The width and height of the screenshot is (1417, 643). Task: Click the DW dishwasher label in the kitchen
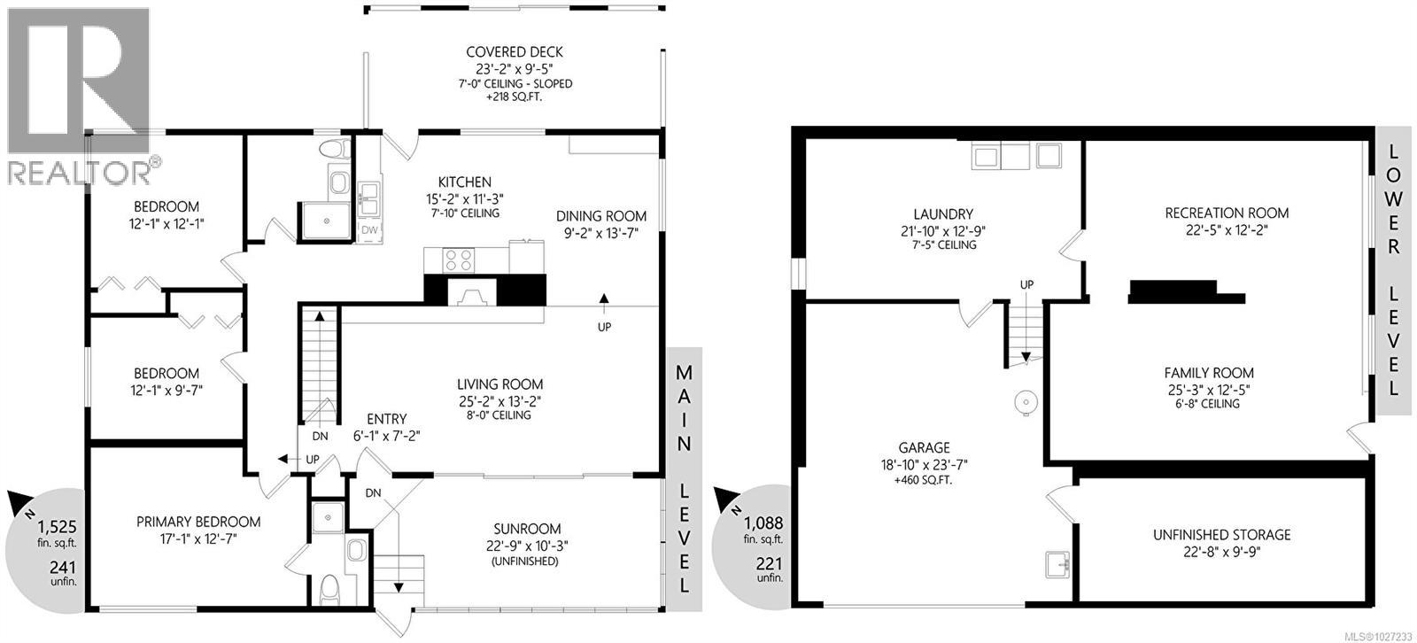[x=369, y=230]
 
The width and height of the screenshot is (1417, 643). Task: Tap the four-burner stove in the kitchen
[x=461, y=260]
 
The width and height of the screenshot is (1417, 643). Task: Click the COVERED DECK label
[x=515, y=52]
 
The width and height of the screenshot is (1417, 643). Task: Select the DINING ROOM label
[x=601, y=216]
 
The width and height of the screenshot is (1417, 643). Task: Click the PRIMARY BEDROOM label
[x=197, y=522]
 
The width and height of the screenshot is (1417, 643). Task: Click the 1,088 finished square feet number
[x=763, y=523]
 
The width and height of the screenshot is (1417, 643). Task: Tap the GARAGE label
[x=925, y=448]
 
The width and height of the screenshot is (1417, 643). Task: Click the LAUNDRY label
[x=943, y=214]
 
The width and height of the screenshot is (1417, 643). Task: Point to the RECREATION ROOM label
[x=1227, y=213]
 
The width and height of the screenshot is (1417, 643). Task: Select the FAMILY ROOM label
[x=1209, y=373]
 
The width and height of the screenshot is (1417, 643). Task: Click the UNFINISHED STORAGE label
[x=1221, y=535]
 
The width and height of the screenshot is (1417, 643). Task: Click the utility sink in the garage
[x=1058, y=562]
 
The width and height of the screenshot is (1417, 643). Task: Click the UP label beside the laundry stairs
[x=1027, y=285]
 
